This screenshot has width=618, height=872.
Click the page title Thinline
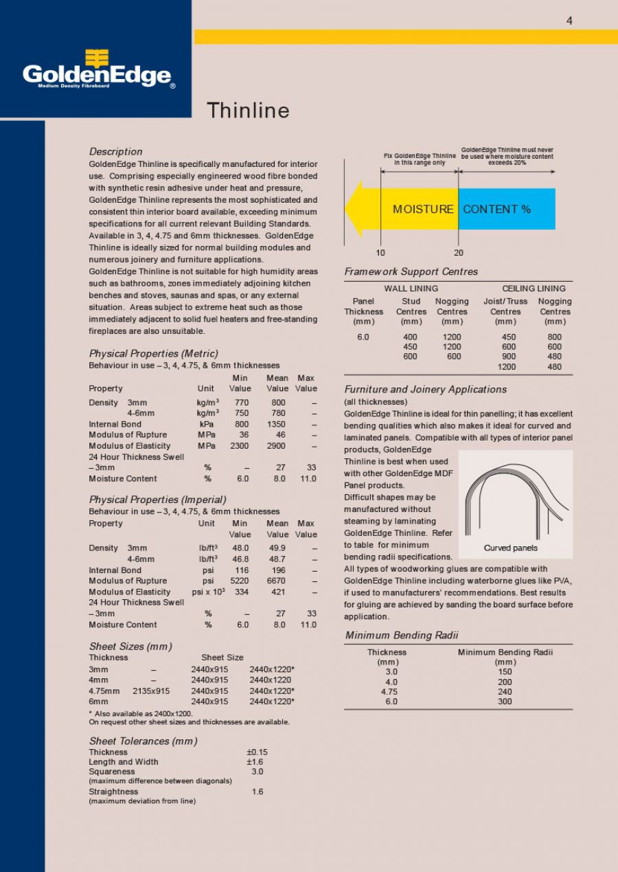click(x=248, y=111)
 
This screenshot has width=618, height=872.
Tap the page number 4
click(x=569, y=21)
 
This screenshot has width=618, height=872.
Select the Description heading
click(x=115, y=151)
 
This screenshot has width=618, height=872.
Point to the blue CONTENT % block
click(x=505, y=209)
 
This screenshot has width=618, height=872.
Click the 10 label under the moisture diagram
click(x=380, y=253)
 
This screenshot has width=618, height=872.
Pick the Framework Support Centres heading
click(x=411, y=271)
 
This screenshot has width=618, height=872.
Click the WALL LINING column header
click(x=411, y=289)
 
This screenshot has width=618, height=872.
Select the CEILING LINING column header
click(x=534, y=289)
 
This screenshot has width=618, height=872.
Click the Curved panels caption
click(x=510, y=548)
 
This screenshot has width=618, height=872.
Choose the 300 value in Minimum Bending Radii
click(x=505, y=702)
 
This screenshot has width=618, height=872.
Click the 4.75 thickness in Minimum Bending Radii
click(x=389, y=692)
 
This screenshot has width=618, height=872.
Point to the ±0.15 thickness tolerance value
click(x=257, y=752)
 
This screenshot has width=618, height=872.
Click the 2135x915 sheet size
click(x=151, y=691)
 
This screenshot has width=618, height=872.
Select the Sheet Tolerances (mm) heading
click(x=143, y=741)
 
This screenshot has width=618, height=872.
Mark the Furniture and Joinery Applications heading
click(x=425, y=389)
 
